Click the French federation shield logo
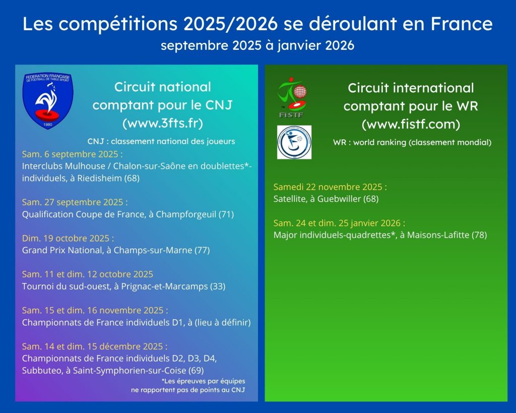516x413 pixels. (48, 101)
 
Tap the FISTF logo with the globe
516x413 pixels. (292, 98)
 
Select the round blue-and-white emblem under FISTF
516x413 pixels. (294, 142)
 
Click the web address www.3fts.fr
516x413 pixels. (163, 123)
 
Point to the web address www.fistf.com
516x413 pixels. (411, 124)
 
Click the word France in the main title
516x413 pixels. (462, 24)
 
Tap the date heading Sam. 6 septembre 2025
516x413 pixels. (73, 154)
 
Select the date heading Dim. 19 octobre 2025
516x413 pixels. (68, 238)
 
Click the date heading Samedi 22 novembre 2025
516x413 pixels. (330, 187)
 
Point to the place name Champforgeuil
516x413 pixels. (186, 214)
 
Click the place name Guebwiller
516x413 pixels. (339, 199)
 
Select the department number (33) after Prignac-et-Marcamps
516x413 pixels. (218, 286)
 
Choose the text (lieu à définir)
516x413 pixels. (223, 322)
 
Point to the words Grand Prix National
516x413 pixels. (62, 250)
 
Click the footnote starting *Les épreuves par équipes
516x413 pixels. (188, 385)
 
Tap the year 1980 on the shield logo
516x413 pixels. (48, 125)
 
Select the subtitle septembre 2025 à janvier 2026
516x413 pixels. (257, 45)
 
